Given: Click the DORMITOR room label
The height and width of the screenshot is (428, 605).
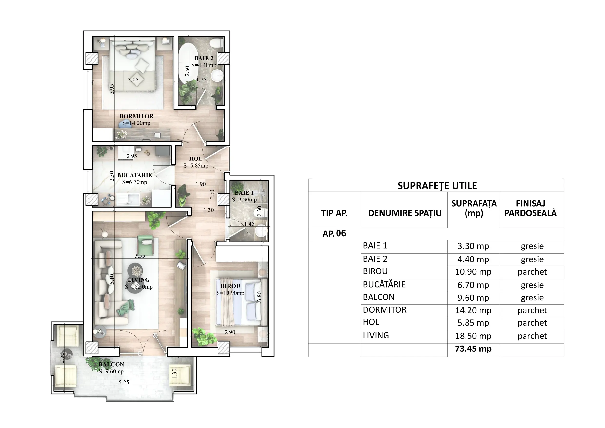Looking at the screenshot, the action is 136,116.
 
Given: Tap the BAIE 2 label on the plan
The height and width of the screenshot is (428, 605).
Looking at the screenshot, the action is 204,58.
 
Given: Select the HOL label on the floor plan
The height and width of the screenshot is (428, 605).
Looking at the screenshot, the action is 196,159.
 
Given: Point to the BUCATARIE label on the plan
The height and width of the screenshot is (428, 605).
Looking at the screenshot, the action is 134,175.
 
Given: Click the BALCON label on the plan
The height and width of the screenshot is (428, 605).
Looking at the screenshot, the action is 111,364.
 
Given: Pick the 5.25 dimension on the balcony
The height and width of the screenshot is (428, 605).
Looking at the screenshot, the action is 124,382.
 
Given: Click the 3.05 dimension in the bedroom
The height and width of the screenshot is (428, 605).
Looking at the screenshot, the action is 133,80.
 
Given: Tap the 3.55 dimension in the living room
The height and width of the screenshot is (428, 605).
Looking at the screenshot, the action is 140,255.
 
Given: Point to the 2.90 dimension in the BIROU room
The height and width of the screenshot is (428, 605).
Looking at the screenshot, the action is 230,332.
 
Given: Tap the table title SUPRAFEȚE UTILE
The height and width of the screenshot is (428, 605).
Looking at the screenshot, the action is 437,186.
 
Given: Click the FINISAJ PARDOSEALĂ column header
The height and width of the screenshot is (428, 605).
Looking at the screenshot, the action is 530,208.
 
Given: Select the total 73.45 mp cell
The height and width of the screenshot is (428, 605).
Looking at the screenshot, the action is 473,349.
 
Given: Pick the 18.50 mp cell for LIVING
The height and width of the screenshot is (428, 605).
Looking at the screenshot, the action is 473,336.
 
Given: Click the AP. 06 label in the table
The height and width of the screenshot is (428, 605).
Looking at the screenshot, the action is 334,233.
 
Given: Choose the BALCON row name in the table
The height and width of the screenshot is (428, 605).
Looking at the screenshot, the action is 379,297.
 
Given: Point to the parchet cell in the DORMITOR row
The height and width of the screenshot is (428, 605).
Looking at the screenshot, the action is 532,310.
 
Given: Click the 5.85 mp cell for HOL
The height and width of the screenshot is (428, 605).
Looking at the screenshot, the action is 473,323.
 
